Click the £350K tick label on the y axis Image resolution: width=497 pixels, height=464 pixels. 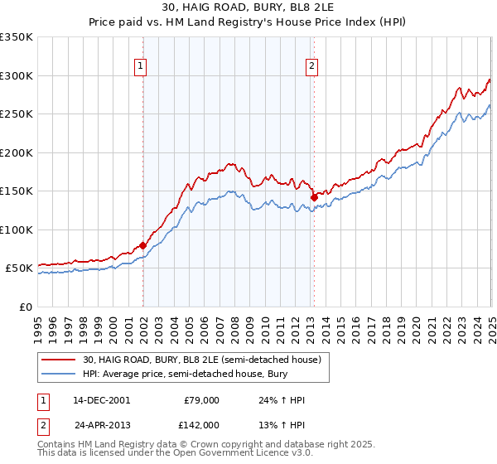[17, 37]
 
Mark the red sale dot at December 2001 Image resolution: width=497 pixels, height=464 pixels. [142, 245]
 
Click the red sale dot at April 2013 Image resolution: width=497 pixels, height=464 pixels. [314, 197]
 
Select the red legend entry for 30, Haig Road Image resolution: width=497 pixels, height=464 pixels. [206, 360]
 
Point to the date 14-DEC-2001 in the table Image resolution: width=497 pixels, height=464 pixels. [101, 400]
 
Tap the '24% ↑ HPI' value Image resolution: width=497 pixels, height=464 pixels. [282, 400]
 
